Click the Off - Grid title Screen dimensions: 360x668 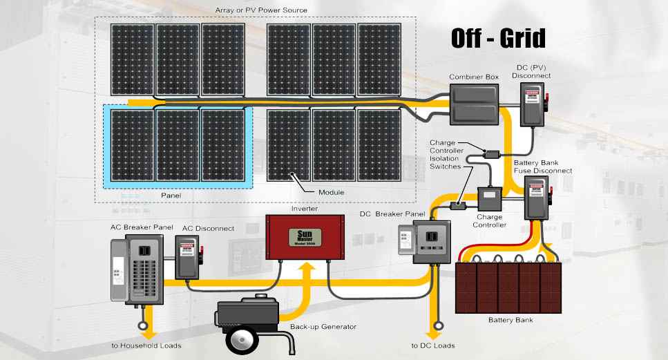[x=498, y=39]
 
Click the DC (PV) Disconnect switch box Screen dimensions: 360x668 [x=532, y=105]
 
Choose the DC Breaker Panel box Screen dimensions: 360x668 [x=431, y=243]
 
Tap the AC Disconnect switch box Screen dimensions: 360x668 [x=189, y=256]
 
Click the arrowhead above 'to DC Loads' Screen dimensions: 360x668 [x=437, y=327]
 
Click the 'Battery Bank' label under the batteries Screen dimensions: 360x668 [x=510, y=320]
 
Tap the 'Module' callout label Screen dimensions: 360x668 [x=331, y=191]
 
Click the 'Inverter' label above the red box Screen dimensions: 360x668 [x=305, y=208]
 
